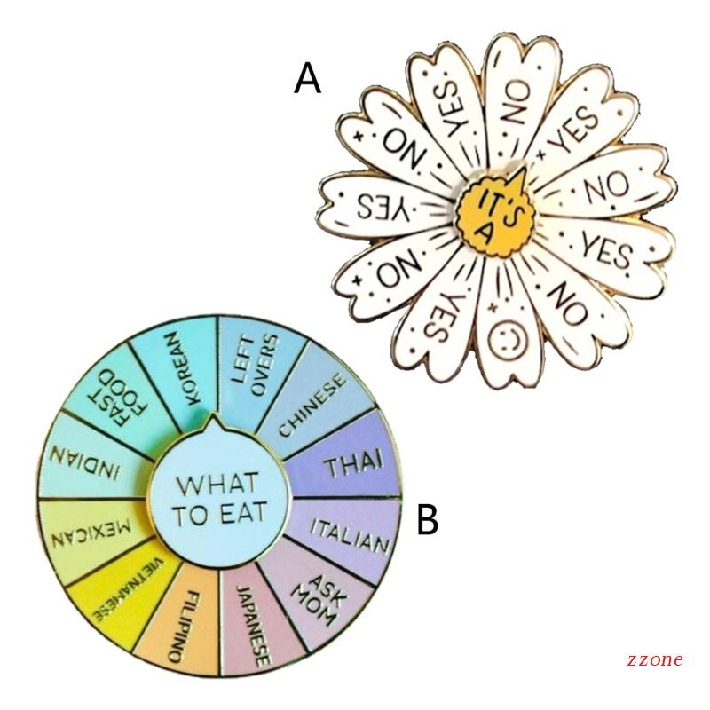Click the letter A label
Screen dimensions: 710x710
[x=307, y=79]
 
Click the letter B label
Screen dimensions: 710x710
[x=427, y=520]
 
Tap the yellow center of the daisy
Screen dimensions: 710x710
[x=495, y=211]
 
